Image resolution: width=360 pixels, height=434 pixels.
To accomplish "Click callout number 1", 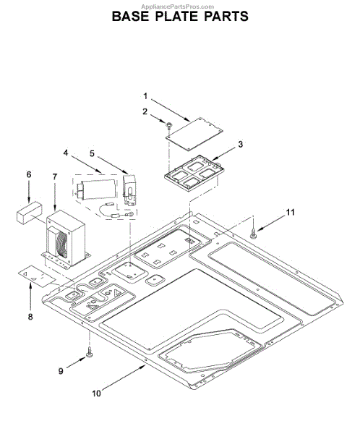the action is coord(145,96).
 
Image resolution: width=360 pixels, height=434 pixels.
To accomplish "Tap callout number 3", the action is coord(240,144).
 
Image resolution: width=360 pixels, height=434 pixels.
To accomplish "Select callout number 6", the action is coord(29,174).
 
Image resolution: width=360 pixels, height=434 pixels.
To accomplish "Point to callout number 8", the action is coord(30,317).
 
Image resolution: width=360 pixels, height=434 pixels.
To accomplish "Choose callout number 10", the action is coord(97,393).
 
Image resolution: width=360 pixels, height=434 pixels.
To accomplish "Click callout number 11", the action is coord(290,212).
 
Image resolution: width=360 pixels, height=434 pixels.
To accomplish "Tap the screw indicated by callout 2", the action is coord(168,126).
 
